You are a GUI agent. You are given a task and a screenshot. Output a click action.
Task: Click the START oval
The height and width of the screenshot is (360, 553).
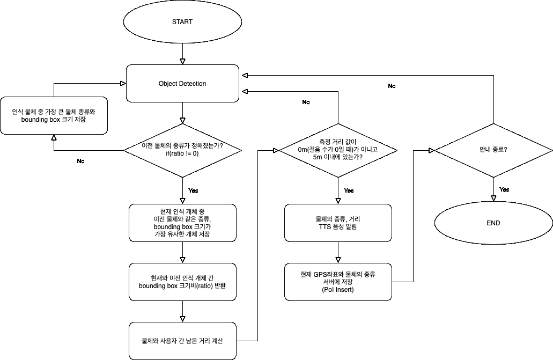pos(182,22)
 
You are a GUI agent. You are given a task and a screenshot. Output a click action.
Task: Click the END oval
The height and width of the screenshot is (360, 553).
pos(493,223)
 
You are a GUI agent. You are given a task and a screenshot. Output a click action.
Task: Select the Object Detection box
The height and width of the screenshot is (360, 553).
pos(182,84)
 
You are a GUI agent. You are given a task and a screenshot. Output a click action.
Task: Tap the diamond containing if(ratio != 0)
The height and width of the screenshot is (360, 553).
pos(182,150)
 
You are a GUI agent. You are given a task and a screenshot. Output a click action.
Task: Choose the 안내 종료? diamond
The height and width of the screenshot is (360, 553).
pos(493,150)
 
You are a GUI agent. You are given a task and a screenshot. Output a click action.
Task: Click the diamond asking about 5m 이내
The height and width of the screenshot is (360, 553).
pos(337,150)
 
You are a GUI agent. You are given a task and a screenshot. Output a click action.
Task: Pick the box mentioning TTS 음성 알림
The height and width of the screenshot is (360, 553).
pos(337,223)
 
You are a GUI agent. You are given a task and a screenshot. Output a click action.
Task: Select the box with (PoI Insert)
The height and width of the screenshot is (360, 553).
pos(337,282)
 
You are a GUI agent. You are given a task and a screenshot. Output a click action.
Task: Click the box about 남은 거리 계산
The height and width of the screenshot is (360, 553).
pos(182,341)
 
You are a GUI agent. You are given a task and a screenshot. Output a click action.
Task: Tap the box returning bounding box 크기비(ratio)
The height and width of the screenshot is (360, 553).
pos(182,282)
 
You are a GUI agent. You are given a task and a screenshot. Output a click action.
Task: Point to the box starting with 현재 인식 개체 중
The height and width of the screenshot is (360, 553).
pos(182,223)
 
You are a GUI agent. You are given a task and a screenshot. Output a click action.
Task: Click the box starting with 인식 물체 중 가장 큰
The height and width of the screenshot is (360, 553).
pos(54,116)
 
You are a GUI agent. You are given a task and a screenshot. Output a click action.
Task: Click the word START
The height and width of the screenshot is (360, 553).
pos(182,22)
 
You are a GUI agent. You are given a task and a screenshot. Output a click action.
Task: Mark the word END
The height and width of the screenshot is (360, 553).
pos(493,223)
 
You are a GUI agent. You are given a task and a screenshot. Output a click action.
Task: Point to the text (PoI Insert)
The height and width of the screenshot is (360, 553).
pos(337,290)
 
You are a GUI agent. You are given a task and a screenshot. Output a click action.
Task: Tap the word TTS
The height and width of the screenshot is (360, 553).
pos(326,227)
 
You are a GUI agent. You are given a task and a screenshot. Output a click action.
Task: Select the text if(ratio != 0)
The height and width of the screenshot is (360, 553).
pos(182,153)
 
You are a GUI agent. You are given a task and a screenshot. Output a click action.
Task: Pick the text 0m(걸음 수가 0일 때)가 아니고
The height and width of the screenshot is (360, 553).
pos(337,150)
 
